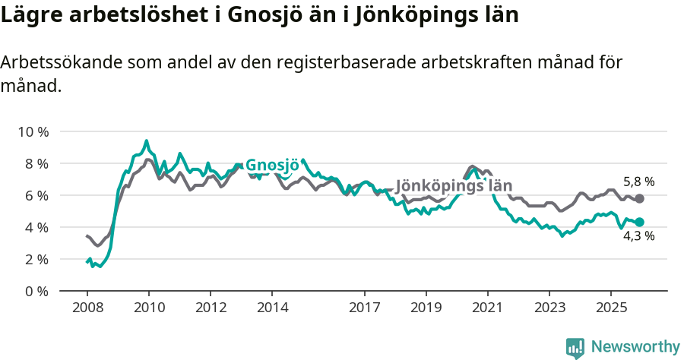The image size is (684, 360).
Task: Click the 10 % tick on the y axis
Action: point(33,131)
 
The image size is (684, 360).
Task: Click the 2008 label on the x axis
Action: point(87,308)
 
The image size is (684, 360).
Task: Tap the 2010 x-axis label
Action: point(149,308)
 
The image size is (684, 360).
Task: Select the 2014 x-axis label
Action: point(272,308)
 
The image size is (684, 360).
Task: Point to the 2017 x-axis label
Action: point(364,308)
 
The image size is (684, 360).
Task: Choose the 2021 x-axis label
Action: point(487,308)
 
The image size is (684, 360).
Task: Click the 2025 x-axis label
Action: point(610,308)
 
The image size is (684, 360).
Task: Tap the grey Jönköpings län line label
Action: point(454,186)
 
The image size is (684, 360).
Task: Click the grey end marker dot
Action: point(640,198)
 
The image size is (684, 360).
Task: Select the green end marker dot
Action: point(640,222)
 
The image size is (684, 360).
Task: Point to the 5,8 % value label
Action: point(638,182)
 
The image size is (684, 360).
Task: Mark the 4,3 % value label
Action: point(638,236)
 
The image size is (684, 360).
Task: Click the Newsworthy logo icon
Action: point(575,347)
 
